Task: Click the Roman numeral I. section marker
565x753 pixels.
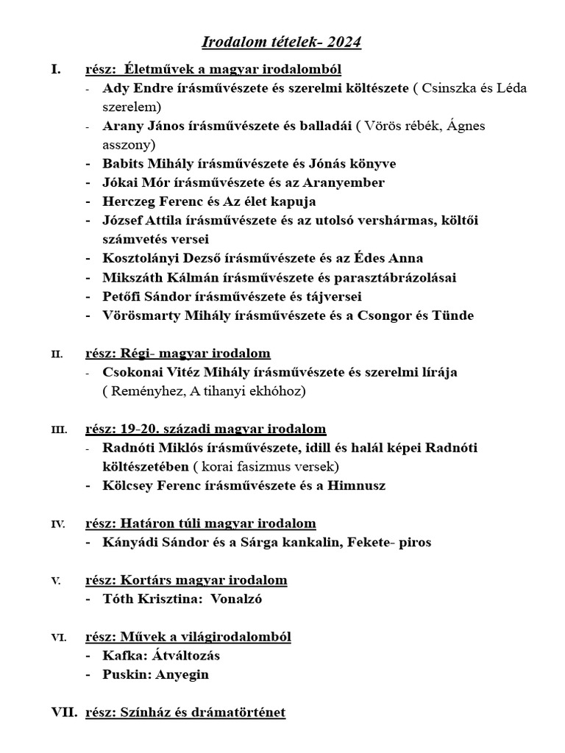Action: pyautogui.click(x=56, y=70)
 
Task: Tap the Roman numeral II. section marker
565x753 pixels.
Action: pyautogui.click(x=57, y=354)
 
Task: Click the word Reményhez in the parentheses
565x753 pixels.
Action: pyautogui.click(x=146, y=391)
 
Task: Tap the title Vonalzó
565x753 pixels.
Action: pyautogui.click(x=236, y=599)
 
